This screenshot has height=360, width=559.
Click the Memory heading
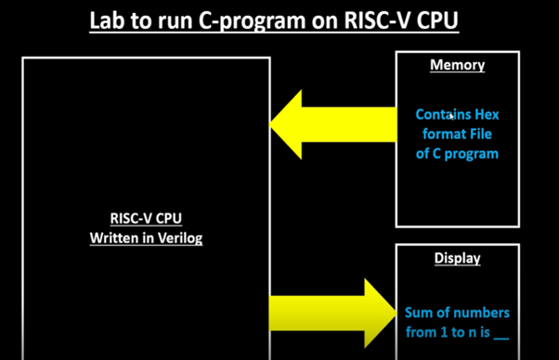[x=457, y=66]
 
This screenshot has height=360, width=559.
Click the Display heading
[x=457, y=258]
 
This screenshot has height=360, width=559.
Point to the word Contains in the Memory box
[x=443, y=115]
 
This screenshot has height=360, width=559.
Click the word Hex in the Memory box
[x=487, y=115]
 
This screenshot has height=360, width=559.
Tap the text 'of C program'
[x=457, y=154]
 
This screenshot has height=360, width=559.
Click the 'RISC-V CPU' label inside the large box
[x=146, y=220]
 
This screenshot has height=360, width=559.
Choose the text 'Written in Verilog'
[x=146, y=238]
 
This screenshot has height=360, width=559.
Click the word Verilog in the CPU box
[x=179, y=238]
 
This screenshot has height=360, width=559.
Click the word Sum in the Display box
[x=419, y=313]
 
